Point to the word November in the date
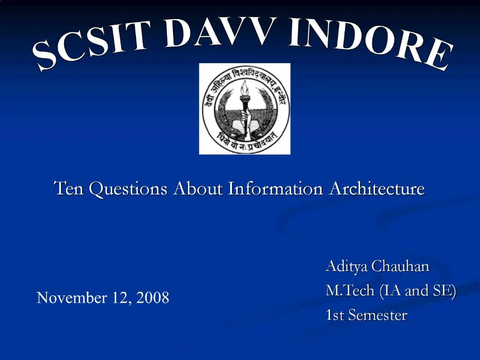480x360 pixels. point(72,298)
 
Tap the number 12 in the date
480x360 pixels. point(120,298)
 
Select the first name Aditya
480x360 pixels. point(346,266)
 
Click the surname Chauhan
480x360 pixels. point(400,266)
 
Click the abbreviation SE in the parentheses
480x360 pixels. point(442,291)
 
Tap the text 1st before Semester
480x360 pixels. point(335,315)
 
